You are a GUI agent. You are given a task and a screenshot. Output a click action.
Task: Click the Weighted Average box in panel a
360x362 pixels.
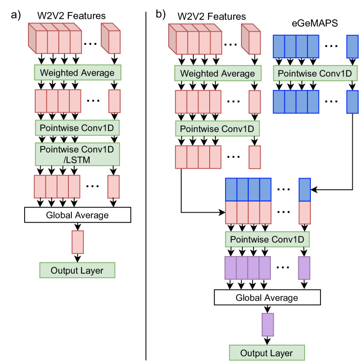[x=78, y=73]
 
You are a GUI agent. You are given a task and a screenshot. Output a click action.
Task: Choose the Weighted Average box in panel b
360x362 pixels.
[x=217, y=74]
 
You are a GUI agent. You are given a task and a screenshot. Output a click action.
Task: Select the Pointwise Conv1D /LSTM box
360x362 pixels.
[x=78, y=154]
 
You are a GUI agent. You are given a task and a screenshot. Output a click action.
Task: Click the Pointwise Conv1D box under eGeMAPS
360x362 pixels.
[x=315, y=74]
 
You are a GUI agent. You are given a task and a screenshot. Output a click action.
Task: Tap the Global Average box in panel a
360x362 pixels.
[x=78, y=215]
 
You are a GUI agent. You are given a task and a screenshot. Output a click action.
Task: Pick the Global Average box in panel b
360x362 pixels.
[x=267, y=298]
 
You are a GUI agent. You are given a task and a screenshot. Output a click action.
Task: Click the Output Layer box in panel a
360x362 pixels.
[x=78, y=271]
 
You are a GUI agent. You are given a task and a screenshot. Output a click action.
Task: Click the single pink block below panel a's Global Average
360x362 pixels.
[x=78, y=242]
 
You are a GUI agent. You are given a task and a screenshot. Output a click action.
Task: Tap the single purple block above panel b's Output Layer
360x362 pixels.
[x=267, y=325]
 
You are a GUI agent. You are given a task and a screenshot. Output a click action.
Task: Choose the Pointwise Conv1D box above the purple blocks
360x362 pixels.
[x=267, y=239]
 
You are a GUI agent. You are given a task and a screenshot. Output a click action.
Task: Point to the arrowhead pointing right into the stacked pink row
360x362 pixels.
[x=223, y=212]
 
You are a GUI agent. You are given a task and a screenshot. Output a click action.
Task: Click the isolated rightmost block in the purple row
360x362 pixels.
[x=304, y=268]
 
